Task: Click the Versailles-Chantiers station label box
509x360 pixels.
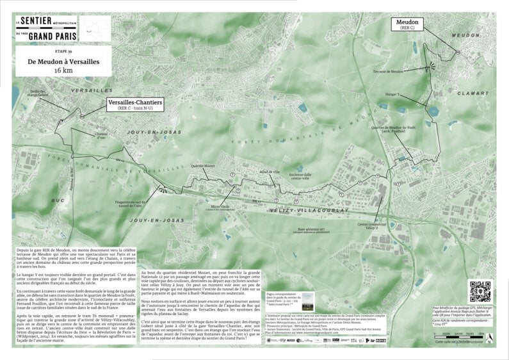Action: click(x=135, y=104)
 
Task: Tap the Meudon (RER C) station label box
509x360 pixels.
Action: click(x=407, y=24)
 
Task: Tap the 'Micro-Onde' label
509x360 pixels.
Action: click(x=220, y=206)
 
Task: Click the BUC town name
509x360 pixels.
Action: click(x=59, y=200)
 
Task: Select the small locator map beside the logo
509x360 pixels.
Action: click(x=95, y=28)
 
